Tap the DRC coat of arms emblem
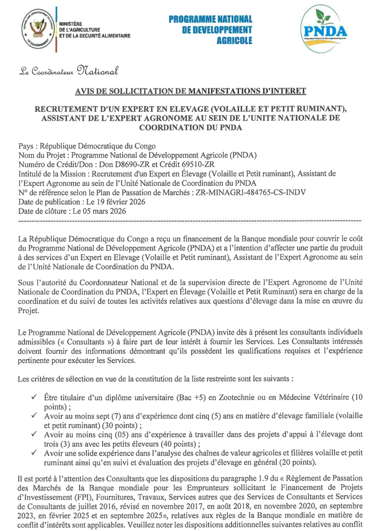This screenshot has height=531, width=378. (x=36, y=28)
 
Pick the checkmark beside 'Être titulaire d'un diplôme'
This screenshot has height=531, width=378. (x=35, y=396)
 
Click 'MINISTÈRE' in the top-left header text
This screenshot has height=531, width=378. (x=70, y=23)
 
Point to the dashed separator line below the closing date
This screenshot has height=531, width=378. (x=189, y=220)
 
